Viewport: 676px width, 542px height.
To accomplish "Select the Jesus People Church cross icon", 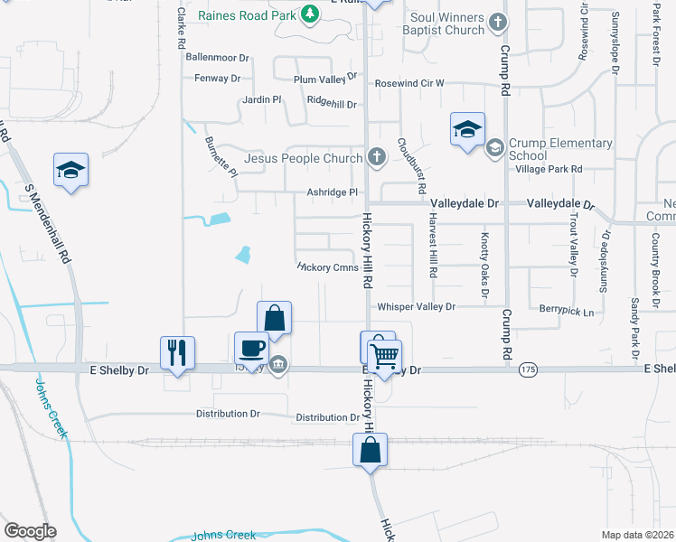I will click(x=378, y=158).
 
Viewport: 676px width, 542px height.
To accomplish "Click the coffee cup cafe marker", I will click(x=250, y=347).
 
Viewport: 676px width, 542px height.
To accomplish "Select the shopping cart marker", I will click(x=384, y=358).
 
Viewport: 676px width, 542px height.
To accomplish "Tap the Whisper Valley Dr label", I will click(x=416, y=307).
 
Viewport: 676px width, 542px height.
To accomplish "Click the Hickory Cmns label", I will click(x=328, y=267).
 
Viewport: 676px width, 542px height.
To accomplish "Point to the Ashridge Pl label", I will click(x=333, y=192).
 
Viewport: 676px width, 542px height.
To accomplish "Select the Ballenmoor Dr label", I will click(x=216, y=57).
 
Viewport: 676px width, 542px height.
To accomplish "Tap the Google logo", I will click(x=30, y=530).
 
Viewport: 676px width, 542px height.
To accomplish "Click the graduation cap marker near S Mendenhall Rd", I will click(x=70, y=171).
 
